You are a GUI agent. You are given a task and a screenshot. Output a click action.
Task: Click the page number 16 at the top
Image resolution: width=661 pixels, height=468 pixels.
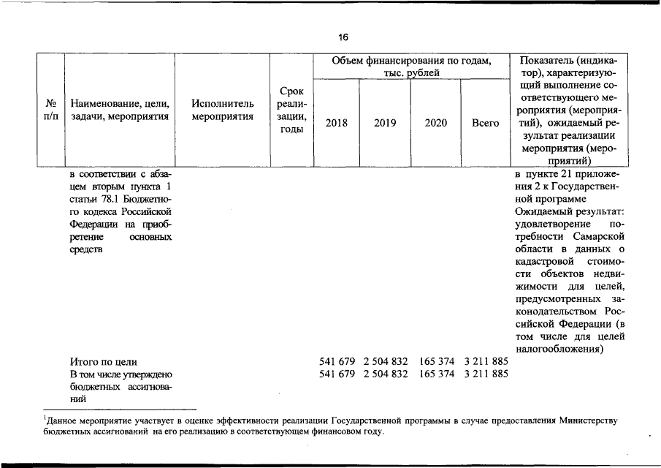[x=343, y=37]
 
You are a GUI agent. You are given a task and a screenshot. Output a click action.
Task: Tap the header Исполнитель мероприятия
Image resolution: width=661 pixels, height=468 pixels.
[x=222, y=110]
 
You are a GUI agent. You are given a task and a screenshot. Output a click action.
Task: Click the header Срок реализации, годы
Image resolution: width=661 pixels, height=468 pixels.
[x=291, y=110]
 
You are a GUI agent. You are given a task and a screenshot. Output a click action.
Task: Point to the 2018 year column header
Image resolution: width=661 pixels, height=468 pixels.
[x=336, y=123]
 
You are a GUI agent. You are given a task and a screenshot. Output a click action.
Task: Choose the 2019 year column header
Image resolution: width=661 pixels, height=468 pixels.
[x=385, y=123]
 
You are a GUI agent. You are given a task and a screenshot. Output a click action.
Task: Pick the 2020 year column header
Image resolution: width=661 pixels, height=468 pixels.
[x=435, y=123]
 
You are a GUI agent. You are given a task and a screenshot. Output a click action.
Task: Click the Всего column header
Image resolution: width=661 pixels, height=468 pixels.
[x=485, y=123]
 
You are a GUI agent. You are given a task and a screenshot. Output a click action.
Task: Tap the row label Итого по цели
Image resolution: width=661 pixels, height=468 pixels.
[x=103, y=361]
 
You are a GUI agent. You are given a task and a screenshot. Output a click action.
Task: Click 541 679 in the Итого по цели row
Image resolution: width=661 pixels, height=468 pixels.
[x=337, y=361]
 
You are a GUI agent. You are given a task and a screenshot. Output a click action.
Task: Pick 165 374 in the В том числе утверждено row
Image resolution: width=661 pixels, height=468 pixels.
[x=437, y=374]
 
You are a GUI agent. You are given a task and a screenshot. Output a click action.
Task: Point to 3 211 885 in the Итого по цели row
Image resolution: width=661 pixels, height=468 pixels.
[x=486, y=361]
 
